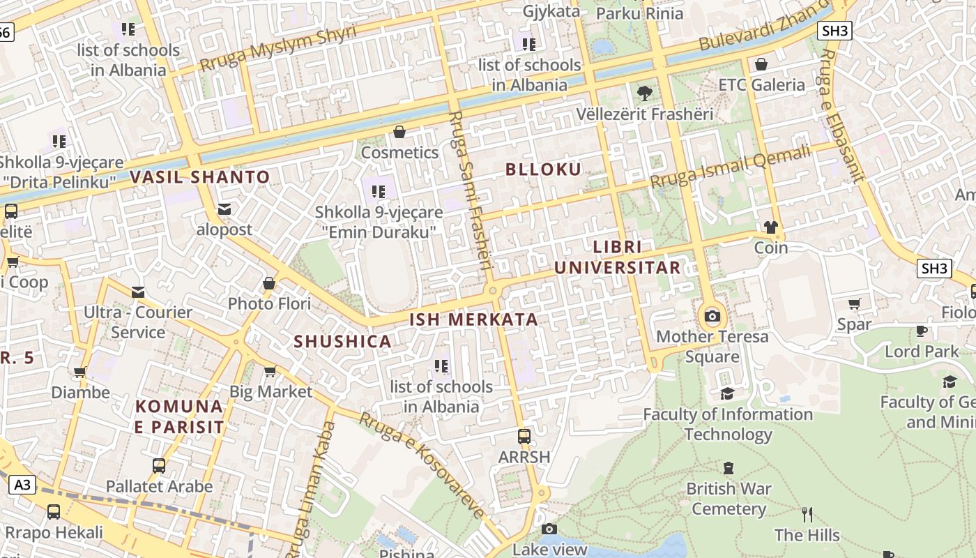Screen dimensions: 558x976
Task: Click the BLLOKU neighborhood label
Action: point(543,169)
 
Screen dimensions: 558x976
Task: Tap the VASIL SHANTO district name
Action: point(199,177)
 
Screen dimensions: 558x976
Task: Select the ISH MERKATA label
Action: point(473,319)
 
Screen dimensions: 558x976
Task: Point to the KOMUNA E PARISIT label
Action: point(179,416)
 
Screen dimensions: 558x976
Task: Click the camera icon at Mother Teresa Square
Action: point(712,316)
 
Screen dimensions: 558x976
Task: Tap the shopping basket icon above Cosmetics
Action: point(399,132)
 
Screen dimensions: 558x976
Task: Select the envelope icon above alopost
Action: point(224,209)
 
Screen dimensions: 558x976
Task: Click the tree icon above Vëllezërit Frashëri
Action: point(645,93)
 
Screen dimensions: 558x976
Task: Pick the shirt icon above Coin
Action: point(770,227)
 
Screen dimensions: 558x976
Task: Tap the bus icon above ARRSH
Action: point(524,437)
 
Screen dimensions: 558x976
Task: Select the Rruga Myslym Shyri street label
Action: point(277,48)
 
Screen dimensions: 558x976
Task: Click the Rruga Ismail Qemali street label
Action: point(730,165)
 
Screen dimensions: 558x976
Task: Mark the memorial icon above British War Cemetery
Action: point(729,467)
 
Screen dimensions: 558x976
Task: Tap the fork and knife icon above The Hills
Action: point(807,515)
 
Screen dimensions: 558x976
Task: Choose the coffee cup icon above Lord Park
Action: point(922,331)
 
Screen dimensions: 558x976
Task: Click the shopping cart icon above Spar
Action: point(854,303)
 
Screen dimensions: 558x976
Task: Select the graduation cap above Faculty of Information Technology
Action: point(727,393)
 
